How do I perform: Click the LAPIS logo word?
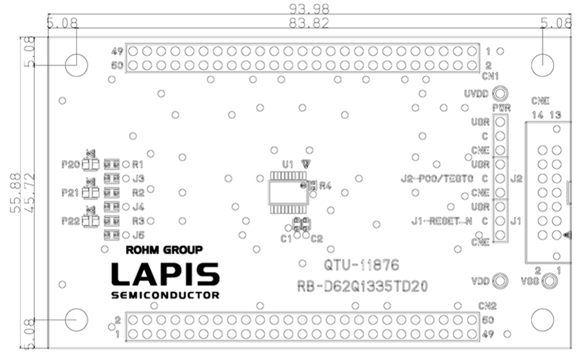pyautogui.click(x=165, y=275)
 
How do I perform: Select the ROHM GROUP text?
pyautogui.click(x=163, y=250)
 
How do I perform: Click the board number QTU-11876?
pyautogui.click(x=361, y=265)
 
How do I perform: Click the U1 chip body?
pyautogui.click(x=284, y=192)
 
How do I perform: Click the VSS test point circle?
pyautogui.click(x=550, y=281)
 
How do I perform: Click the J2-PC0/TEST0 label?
pyautogui.click(x=437, y=179)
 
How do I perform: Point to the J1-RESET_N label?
pyautogui.click(x=441, y=222)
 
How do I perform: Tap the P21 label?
pyautogui.click(x=71, y=192)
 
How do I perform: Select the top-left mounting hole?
pyautogui.click(x=77, y=65)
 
